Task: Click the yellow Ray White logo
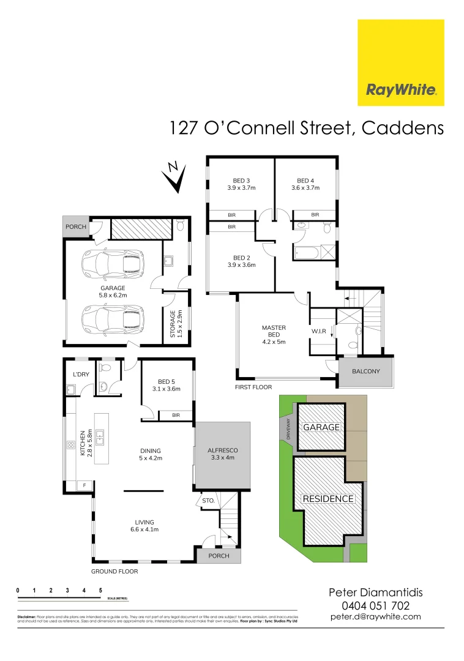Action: (x=401, y=62)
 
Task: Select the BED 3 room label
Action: (x=241, y=181)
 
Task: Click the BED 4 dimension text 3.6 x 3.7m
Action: (x=305, y=189)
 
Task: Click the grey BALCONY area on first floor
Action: (x=366, y=372)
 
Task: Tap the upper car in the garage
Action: (x=113, y=264)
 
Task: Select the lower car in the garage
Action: (x=113, y=318)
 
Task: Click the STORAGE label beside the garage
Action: (x=173, y=324)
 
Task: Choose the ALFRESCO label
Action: (x=222, y=450)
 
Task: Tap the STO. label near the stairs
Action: (x=208, y=501)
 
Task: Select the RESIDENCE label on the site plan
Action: (x=328, y=499)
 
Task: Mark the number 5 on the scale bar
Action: (x=100, y=590)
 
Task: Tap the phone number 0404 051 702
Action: (x=376, y=605)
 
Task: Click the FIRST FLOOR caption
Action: (x=253, y=387)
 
